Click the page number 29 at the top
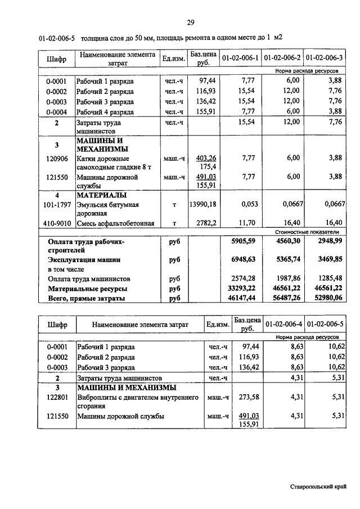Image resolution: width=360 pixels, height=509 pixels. [x=191, y=22]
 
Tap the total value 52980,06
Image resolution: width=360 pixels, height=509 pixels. [x=326, y=298]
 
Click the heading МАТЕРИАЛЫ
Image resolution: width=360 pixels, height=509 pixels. [x=101, y=195]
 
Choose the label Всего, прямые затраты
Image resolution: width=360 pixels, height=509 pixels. [x=86, y=298]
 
